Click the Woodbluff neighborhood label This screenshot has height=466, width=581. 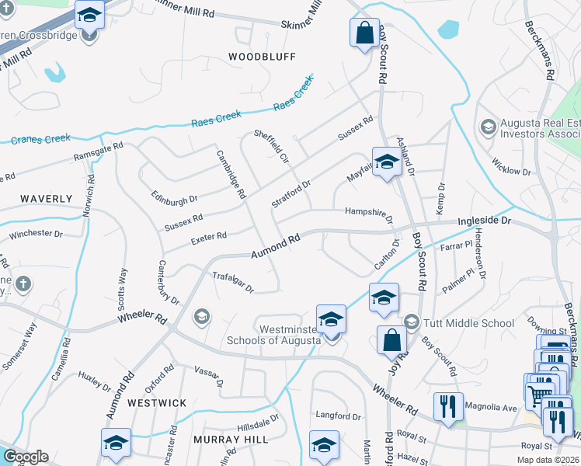point(252,56)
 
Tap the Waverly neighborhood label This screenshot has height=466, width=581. point(46,199)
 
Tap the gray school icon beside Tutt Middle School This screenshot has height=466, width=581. point(412,322)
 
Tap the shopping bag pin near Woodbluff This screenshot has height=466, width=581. point(364,33)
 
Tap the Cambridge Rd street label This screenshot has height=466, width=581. point(231,172)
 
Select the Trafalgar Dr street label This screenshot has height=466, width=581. point(233,281)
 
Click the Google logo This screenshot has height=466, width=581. point(26,457)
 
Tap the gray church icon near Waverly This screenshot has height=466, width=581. point(23,283)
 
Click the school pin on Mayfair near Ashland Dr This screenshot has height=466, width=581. point(385,163)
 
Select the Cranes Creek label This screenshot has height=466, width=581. point(40,140)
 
